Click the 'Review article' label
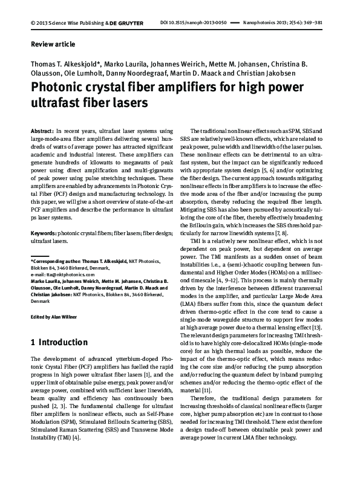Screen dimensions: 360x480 click(53, 44)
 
